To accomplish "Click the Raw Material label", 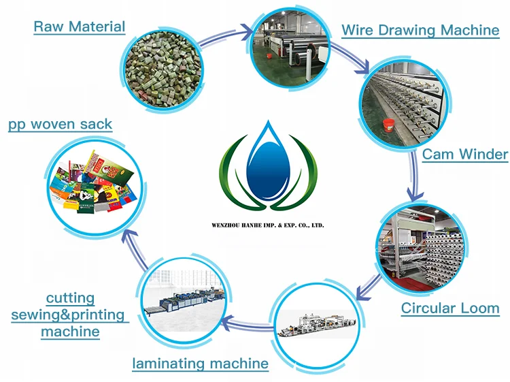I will coord(80,27).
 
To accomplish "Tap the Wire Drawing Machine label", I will coord(420,30).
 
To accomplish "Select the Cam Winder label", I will coord(464,154).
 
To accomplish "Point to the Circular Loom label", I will coord(450,308).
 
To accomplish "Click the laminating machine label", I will coord(200,364).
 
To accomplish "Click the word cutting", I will coord(70,298).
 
